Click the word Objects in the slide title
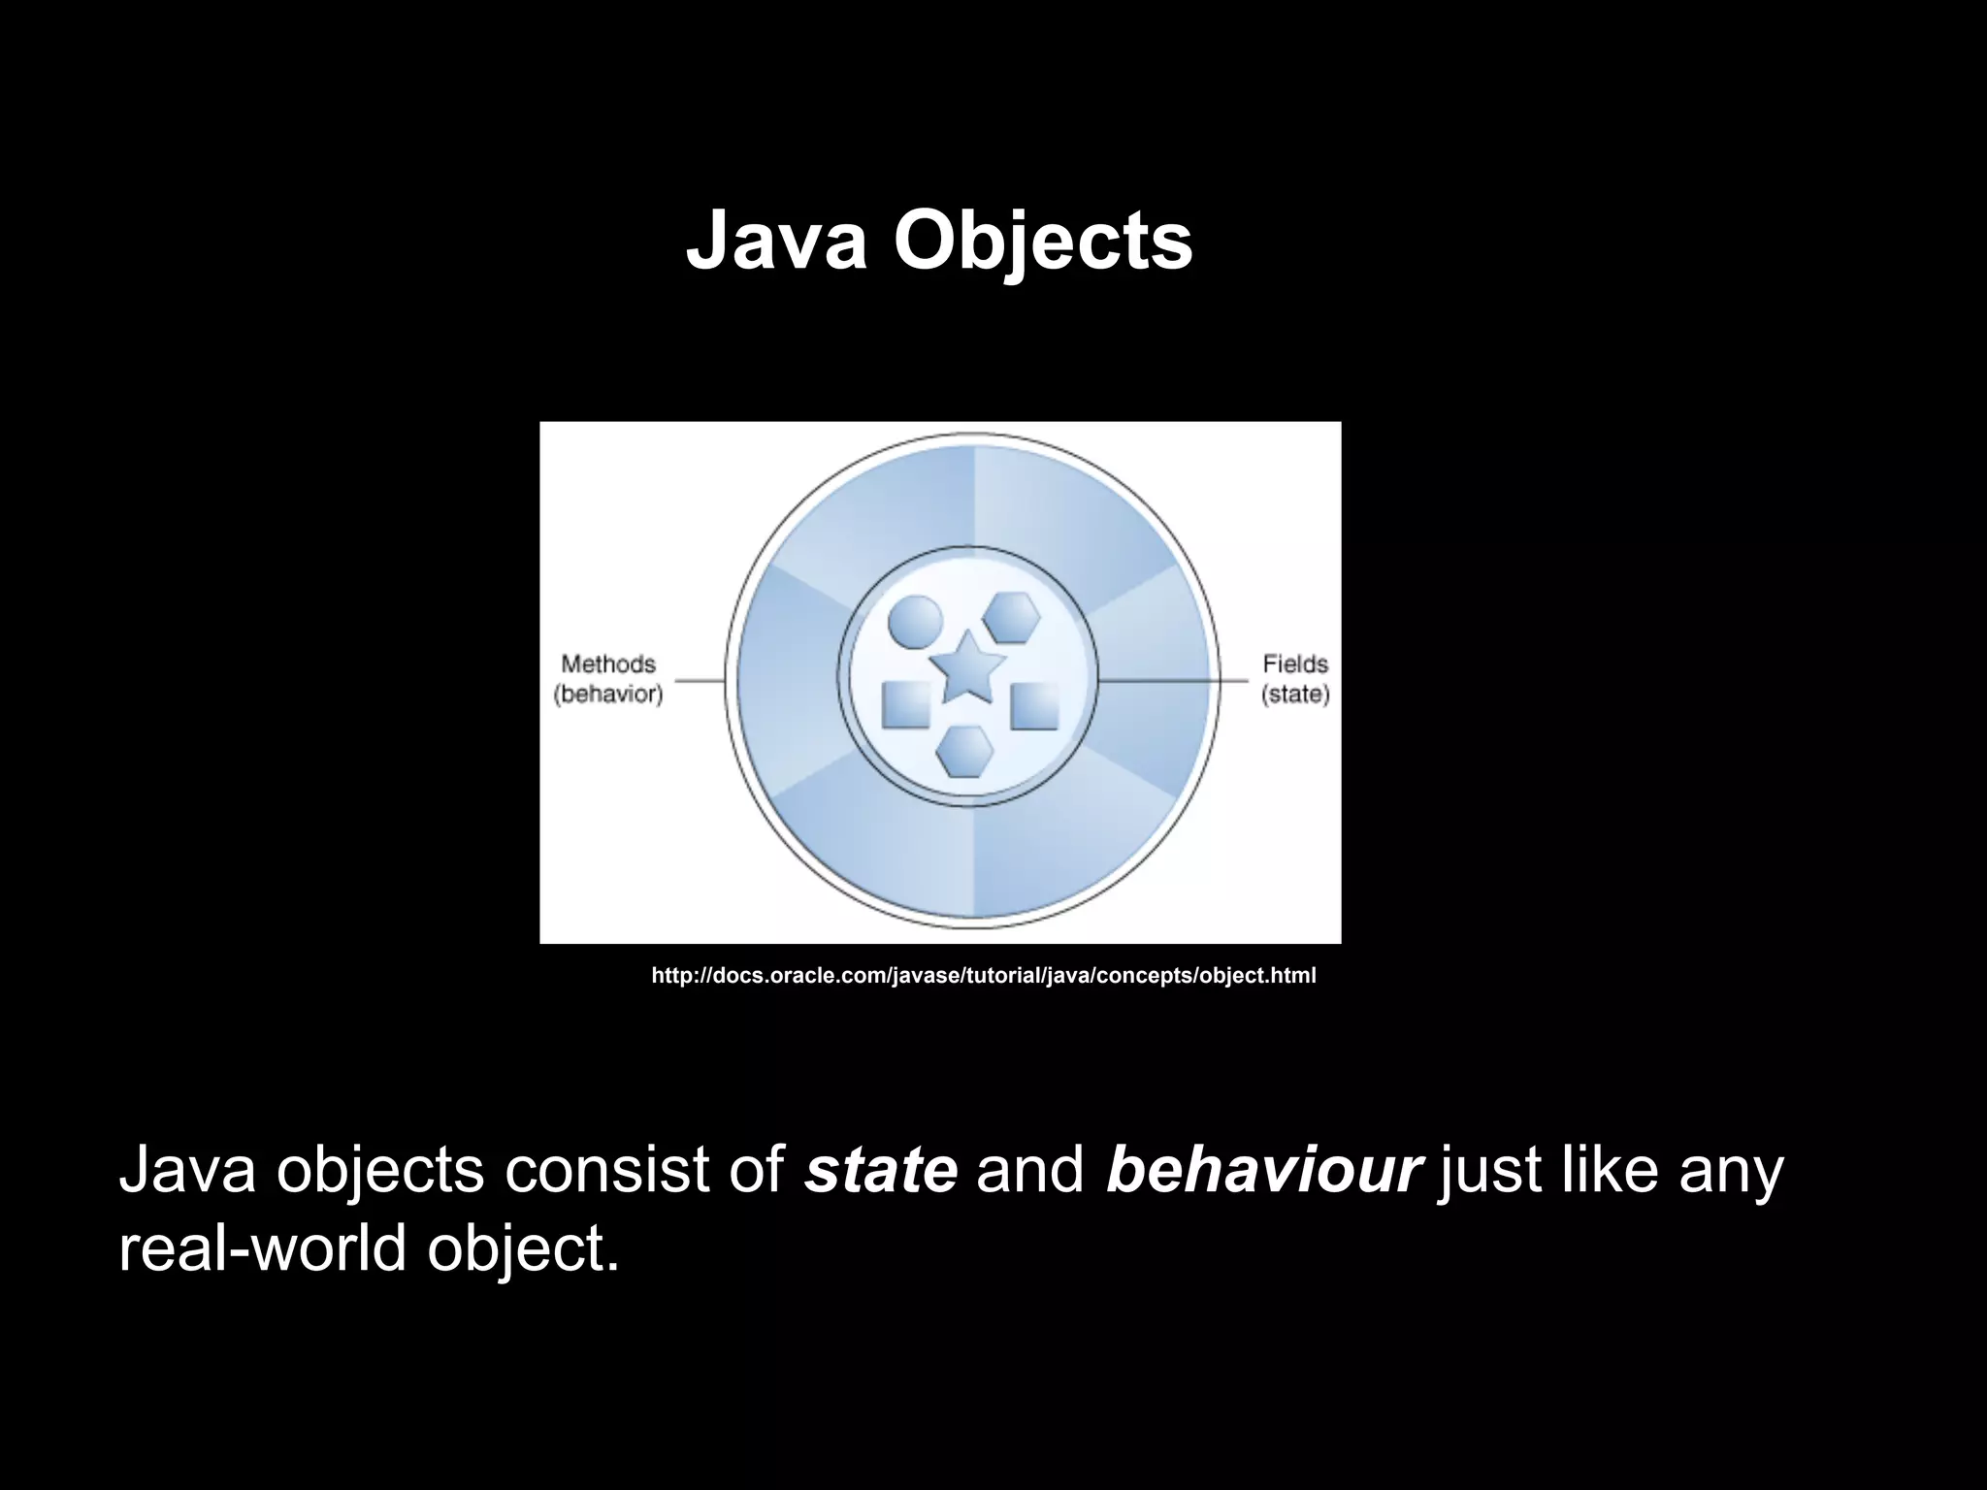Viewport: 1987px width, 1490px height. [x=1043, y=243]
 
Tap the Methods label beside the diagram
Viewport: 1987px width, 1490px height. [x=608, y=664]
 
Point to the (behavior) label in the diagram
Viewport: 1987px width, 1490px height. [x=608, y=696]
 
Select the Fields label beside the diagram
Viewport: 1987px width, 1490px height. [x=1295, y=664]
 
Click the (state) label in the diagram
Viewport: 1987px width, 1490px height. [x=1295, y=696]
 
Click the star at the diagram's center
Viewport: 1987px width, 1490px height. [x=966, y=668]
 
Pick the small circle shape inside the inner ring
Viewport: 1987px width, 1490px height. [x=915, y=621]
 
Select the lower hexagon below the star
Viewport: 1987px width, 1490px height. [x=965, y=751]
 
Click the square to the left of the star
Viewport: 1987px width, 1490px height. [x=906, y=704]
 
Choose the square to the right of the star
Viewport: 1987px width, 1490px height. [x=1034, y=705]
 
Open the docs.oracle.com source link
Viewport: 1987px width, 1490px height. [x=983, y=976]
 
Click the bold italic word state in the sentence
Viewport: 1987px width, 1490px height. [x=881, y=1170]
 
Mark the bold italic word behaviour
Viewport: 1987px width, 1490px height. [x=1263, y=1170]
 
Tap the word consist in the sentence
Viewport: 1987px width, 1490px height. [x=607, y=1170]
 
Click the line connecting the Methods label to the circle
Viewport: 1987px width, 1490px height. [x=700, y=681]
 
